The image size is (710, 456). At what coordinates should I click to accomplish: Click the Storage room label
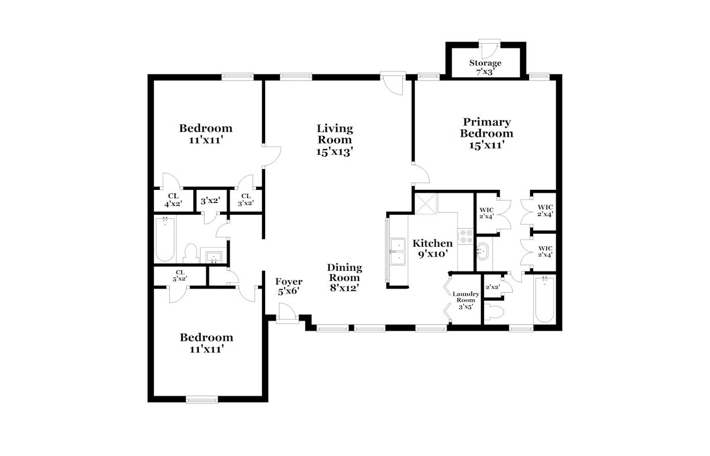click(x=485, y=63)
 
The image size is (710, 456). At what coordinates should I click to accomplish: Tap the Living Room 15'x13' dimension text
click(x=334, y=152)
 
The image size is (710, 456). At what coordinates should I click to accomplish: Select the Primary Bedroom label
click(x=486, y=127)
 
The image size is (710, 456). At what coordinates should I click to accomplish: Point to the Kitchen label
click(x=433, y=243)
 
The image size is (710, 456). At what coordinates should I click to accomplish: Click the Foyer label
click(x=289, y=282)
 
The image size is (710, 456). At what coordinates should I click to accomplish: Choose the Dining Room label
click(x=344, y=273)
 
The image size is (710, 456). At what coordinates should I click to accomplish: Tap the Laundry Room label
click(x=466, y=297)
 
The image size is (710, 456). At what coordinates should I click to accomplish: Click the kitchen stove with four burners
click(x=465, y=237)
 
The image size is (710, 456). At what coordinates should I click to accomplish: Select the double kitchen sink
click(x=398, y=251)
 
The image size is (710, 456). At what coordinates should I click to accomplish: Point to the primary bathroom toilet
click(x=494, y=312)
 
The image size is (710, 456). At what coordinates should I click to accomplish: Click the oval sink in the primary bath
click(x=482, y=251)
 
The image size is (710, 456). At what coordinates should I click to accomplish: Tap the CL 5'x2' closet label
click(x=180, y=276)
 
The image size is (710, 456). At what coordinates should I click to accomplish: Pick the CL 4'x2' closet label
click(x=173, y=200)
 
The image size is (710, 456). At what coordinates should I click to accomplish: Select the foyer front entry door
click(x=287, y=313)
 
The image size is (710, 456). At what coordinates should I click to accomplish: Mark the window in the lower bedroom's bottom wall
click(x=202, y=400)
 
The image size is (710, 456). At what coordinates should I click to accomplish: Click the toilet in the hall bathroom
click(x=191, y=253)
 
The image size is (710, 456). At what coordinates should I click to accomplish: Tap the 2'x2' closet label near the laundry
click(x=492, y=287)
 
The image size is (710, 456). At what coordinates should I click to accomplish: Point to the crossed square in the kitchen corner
click(x=426, y=204)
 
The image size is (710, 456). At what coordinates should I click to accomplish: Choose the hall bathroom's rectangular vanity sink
click(x=214, y=256)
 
